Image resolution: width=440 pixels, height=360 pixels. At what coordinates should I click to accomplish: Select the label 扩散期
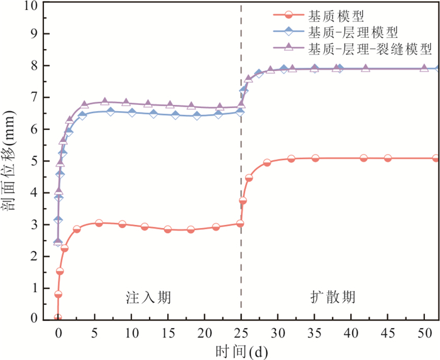(x=331, y=296)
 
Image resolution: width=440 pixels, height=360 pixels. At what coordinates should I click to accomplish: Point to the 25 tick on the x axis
(x=241, y=331)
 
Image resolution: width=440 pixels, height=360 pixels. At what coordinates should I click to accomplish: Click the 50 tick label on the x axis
(x=424, y=331)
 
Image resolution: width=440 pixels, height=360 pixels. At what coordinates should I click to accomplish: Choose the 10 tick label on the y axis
(x=30, y=6)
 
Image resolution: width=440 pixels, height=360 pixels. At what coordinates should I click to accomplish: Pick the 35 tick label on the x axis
(x=314, y=331)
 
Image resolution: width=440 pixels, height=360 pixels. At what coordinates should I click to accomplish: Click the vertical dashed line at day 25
(x=241, y=188)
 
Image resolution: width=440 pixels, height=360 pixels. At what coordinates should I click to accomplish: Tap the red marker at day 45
(x=388, y=158)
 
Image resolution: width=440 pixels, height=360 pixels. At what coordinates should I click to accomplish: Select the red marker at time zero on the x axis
(x=58, y=318)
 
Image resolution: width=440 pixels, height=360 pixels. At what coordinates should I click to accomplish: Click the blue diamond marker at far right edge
(x=438, y=68)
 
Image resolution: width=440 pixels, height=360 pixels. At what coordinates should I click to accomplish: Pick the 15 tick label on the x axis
(x=168, y=331)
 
